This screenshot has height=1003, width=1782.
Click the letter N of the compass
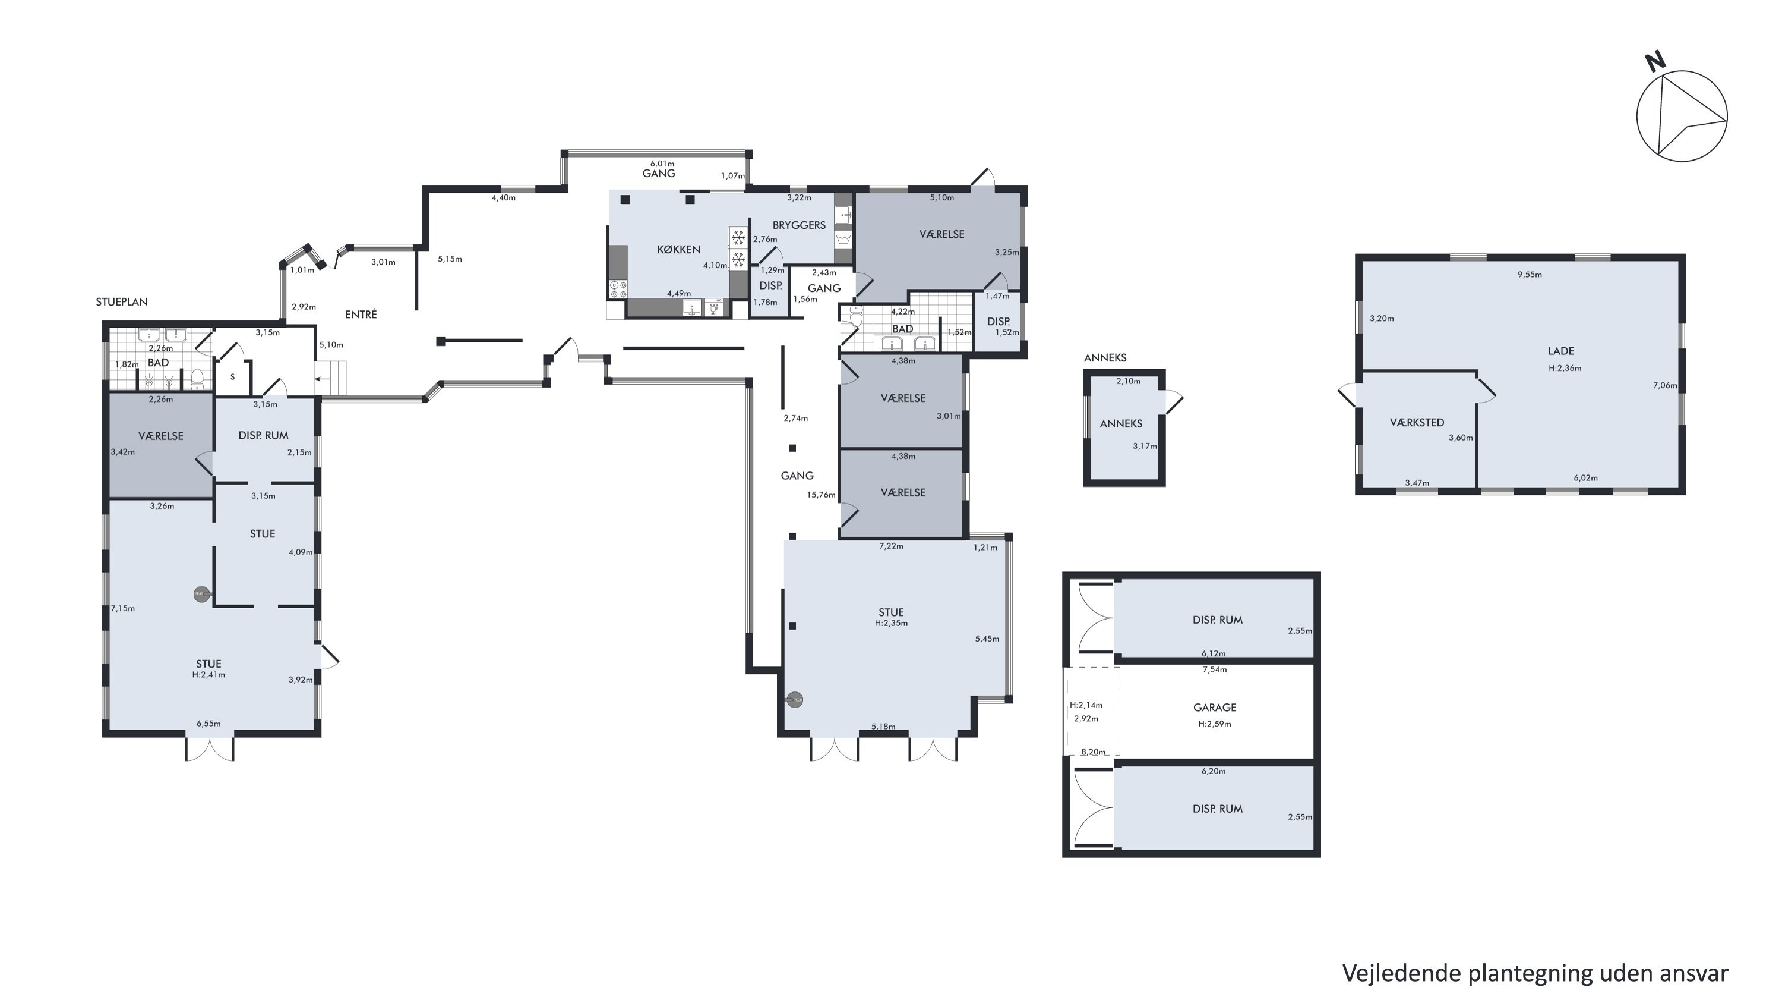click(x=1655, y=62)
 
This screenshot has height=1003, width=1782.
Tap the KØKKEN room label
click(x=678, y=249)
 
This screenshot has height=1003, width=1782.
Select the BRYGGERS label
click(x=799, y=225)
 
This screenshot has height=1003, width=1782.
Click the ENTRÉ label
click(x=361, y=315)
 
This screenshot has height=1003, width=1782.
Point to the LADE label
click(x=1561, y=351)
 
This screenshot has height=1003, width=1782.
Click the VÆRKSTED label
click(x=1417, y=422)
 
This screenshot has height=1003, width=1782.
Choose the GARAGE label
click(x=1215, y=708)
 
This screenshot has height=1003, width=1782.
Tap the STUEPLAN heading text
click(x=122, y=302)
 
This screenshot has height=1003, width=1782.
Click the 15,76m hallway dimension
click(x=821, y=495)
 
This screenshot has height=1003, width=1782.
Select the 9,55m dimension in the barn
click(x=1530, y=275)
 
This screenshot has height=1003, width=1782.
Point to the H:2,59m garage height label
click(x=1215, y=724)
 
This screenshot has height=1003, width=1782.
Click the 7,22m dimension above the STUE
click(x=891, y=546)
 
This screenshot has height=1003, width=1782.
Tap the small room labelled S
click(x=232, y=378)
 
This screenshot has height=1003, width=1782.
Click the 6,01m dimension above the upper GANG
click(x=662, y=164)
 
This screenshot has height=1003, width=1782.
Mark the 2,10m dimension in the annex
click(x=1128, y=382)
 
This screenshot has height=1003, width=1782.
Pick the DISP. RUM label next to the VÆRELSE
click(x=264, y=435)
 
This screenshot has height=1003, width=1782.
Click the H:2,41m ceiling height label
click(x=208, y=675)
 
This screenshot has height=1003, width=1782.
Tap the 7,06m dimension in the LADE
click(x=1665, y=385)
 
